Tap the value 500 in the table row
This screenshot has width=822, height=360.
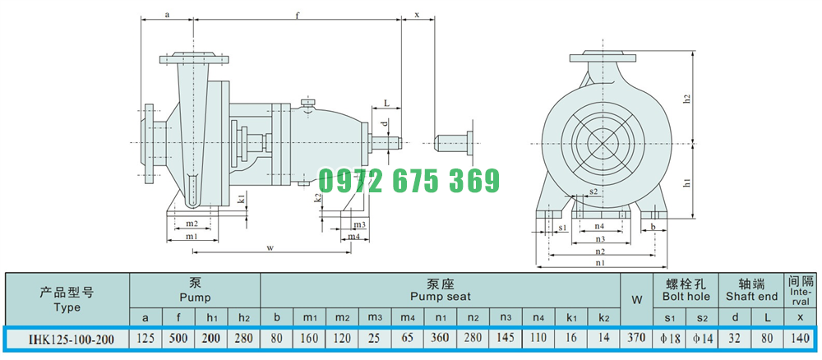pos(178,338)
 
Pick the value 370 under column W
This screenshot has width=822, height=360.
pos(637,338)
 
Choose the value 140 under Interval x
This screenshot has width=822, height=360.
pos(800,338)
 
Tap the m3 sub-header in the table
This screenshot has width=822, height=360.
pos(374,317)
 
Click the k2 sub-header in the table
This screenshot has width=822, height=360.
pos(604,317)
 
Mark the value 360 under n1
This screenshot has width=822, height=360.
pos(440,338)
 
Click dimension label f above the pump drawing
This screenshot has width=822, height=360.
pos(298,15)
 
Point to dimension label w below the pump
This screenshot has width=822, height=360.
pos(270,248)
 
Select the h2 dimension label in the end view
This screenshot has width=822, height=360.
pos(687,99)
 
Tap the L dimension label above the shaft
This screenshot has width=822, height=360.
pos(386,104)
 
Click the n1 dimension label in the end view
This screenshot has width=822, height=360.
pos(600,263)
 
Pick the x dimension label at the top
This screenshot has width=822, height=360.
pos(418,15)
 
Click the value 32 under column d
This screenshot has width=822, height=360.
pos(735,338)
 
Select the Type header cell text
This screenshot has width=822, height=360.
pos(67,307)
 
